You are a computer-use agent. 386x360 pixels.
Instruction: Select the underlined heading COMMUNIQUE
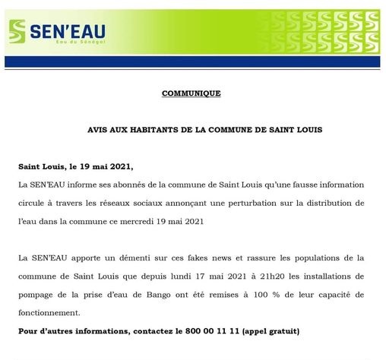tap(191, 93)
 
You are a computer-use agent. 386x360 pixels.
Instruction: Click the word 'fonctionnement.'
tap(50, 313)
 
